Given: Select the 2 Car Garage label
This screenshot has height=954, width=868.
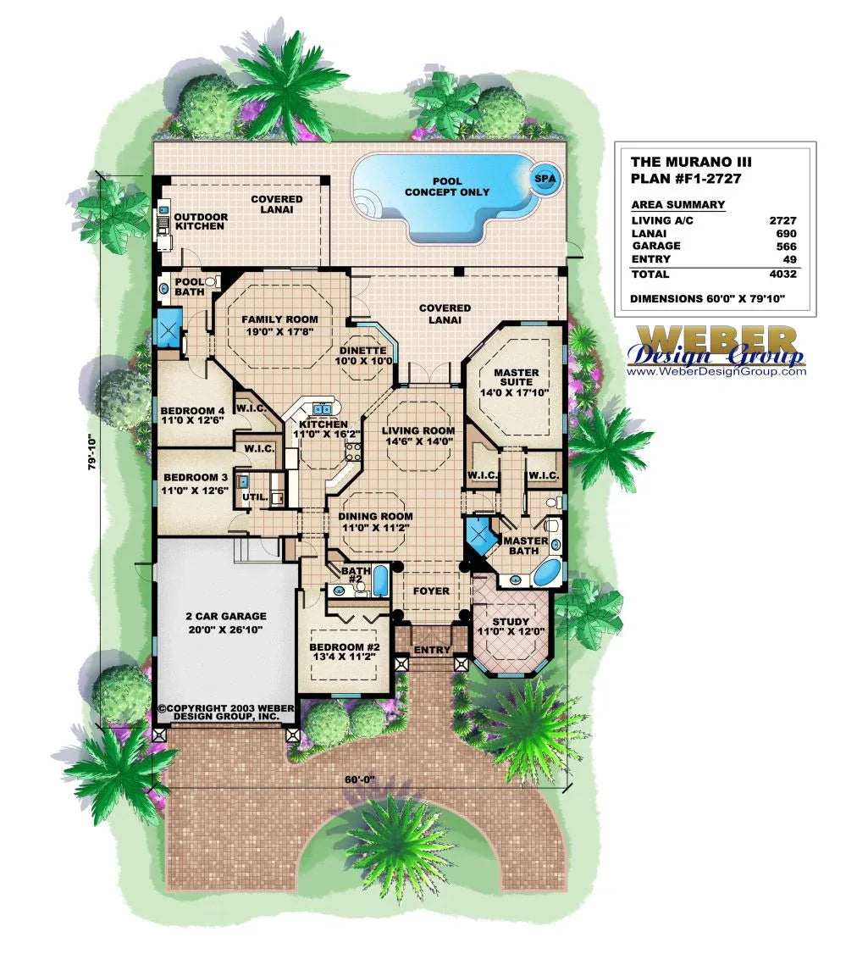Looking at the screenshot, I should click(225, 623).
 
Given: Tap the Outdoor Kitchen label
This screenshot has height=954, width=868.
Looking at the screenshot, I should click(200, 221).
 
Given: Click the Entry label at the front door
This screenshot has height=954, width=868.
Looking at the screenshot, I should click(432, 651).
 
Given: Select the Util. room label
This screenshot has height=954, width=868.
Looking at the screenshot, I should click(255, 496).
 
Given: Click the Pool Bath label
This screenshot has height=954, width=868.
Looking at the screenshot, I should click(189, 286).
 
